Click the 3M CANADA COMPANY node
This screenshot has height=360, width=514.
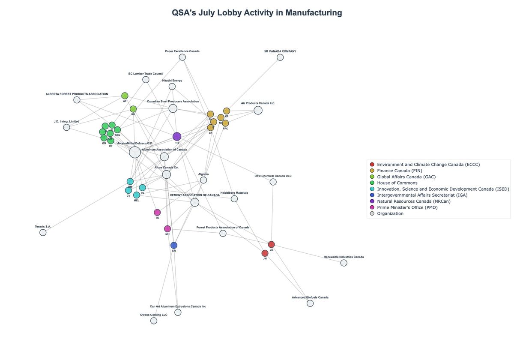pyautogui.click(x=280, y=57)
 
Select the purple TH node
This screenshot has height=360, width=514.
pyautogui.click(x=177, y=137)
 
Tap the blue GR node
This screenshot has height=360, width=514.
pyautogui.click(x=173, y=245)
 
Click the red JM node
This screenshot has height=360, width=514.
pyautogui.click(x=265, y=253)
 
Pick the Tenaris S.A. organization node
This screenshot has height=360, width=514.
pyautogui.click(x=43, y=233)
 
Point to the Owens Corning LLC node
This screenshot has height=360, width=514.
pyautogui.click(x=154, y=321)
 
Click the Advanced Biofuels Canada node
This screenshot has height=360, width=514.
pyautogui.click(x=310, y=303)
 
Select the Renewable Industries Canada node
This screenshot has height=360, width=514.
pyautogui.click(x=344, y=263)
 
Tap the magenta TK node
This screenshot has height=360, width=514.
pyautogui.click(x=157, y=213)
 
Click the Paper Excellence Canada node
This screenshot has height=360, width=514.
pyautogui.click(x=182, y=57)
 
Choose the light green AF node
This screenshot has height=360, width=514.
pyautogui.click(x=125, y=96)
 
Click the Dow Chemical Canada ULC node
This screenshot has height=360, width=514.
pyautogui.click(x=273, y=182)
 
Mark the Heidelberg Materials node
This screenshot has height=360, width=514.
pyautogui.click(x=234, y=199)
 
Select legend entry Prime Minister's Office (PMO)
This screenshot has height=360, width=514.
pyautogui.click(x=407, y=207)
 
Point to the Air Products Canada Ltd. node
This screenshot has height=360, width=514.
pyautogui.click(x=258, y=111)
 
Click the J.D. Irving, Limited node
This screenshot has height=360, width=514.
pyautogui.click(x=66, y=127)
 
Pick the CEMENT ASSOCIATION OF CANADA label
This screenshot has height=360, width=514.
pyautogui.click(x=194, y=195)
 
